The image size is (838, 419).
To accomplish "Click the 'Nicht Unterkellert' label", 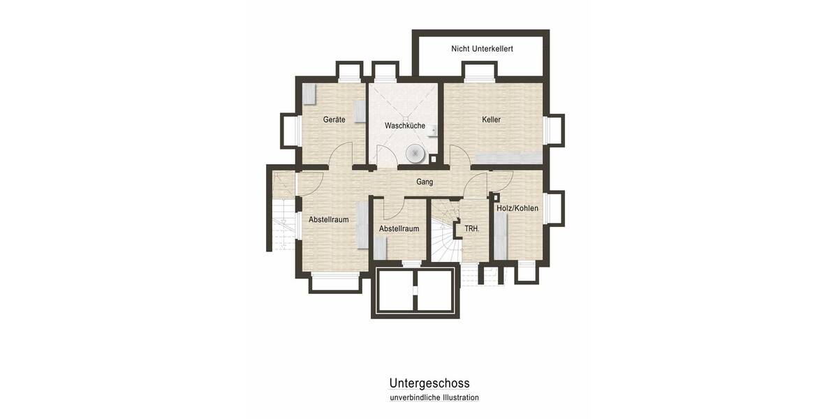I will (482, 49).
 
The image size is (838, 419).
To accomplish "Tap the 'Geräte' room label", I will (334, 119).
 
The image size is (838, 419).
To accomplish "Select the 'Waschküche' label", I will (405, 126).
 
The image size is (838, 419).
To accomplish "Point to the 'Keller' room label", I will (491, 119).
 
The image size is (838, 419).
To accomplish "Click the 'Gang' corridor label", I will (425, 182).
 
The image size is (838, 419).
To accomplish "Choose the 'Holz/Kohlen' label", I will (517, 208).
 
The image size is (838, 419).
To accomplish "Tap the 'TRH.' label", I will (471, 228).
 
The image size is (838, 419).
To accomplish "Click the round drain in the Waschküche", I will (416, 152).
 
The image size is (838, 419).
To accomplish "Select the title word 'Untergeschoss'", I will (429, 383).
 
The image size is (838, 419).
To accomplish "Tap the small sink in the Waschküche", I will (434, 130).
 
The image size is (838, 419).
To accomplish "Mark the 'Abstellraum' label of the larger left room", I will (328, 219).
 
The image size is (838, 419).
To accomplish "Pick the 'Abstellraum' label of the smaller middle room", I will (399, 228).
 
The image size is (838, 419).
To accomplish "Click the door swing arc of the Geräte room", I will (341, 154).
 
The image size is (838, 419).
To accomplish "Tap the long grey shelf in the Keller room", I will (509, 156).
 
